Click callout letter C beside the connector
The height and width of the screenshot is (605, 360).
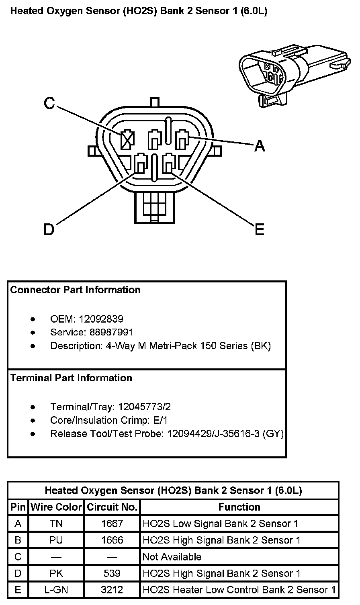tap(49, 104)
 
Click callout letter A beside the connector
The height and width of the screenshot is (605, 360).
tap(260, 146)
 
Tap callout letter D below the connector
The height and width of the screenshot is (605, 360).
tap(49, 229)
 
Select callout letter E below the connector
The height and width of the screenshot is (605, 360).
tap(260, 229)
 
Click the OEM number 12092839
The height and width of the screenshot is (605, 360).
tap(101, 319)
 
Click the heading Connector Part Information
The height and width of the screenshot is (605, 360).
tap(76, 290)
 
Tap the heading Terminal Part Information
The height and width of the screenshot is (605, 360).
tap(71, 378)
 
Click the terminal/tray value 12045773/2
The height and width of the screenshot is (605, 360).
tap(144, 407)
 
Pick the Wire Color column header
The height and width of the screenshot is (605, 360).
tap(56, 507)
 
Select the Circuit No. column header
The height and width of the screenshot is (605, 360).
tap(112, 507)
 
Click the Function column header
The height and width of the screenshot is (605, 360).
tap(239, 507)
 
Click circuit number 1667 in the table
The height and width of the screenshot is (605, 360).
tap(112, 523)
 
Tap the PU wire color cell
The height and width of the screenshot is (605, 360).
tap(56, 540)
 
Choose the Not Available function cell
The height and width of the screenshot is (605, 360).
tap(172, 557)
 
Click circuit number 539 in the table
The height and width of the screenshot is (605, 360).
tap(112, 573)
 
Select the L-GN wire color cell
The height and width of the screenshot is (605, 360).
tap(56, 590)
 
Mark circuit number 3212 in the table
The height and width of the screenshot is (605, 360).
tap(112, 590)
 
